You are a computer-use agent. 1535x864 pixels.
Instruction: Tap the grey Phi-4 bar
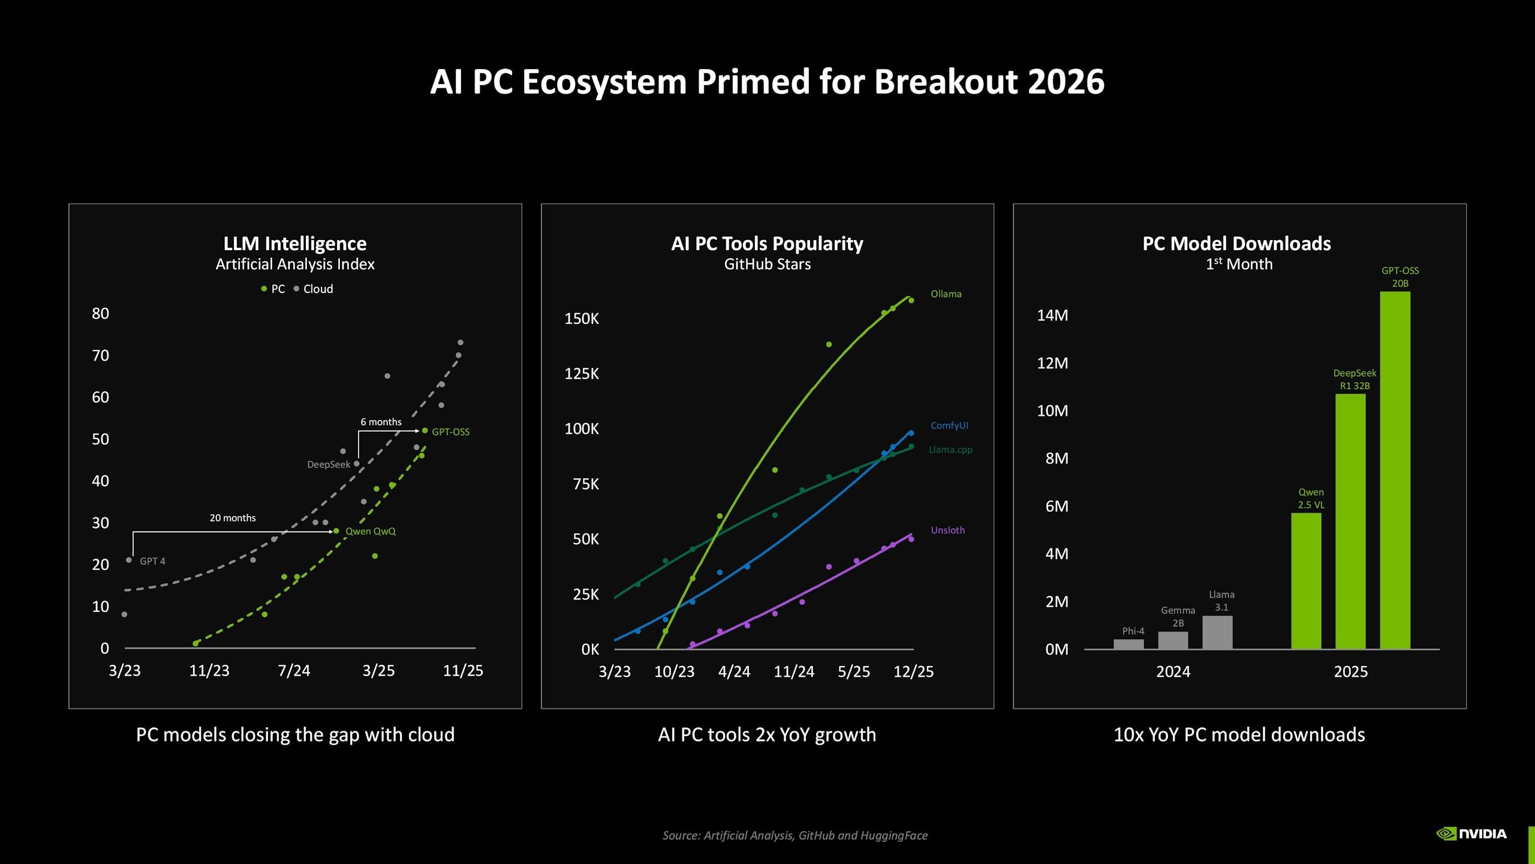click(x=1128, y=644)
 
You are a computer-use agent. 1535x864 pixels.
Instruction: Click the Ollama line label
click(x=946, y=294)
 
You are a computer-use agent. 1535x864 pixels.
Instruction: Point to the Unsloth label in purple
click(x=947, y=530)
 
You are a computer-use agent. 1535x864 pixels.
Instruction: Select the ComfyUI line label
click(x=949, y=425)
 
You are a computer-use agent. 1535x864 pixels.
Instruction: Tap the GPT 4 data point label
click(x=152, y=561)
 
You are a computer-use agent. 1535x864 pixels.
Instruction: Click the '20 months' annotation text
click(x=233, y=518)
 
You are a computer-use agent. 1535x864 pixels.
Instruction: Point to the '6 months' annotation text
click(x=381, y=422)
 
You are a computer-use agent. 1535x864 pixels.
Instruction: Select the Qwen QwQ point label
click(x=370, y=531)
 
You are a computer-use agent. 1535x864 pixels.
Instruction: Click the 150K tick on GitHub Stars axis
click(x=581, y=319)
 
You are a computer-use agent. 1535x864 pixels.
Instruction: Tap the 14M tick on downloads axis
click(x=1052, y=315)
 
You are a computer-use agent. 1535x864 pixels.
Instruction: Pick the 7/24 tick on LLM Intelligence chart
click(x=294, y=670)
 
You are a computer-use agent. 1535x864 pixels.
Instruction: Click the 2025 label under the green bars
click(x=1350, y=671)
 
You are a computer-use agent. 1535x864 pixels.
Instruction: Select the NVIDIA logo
click(x=1471, y=833)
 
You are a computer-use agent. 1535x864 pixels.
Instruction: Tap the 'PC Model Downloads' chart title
click(x=1236, y=244)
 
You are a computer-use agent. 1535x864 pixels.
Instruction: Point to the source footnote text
click(x=794, y=835)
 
